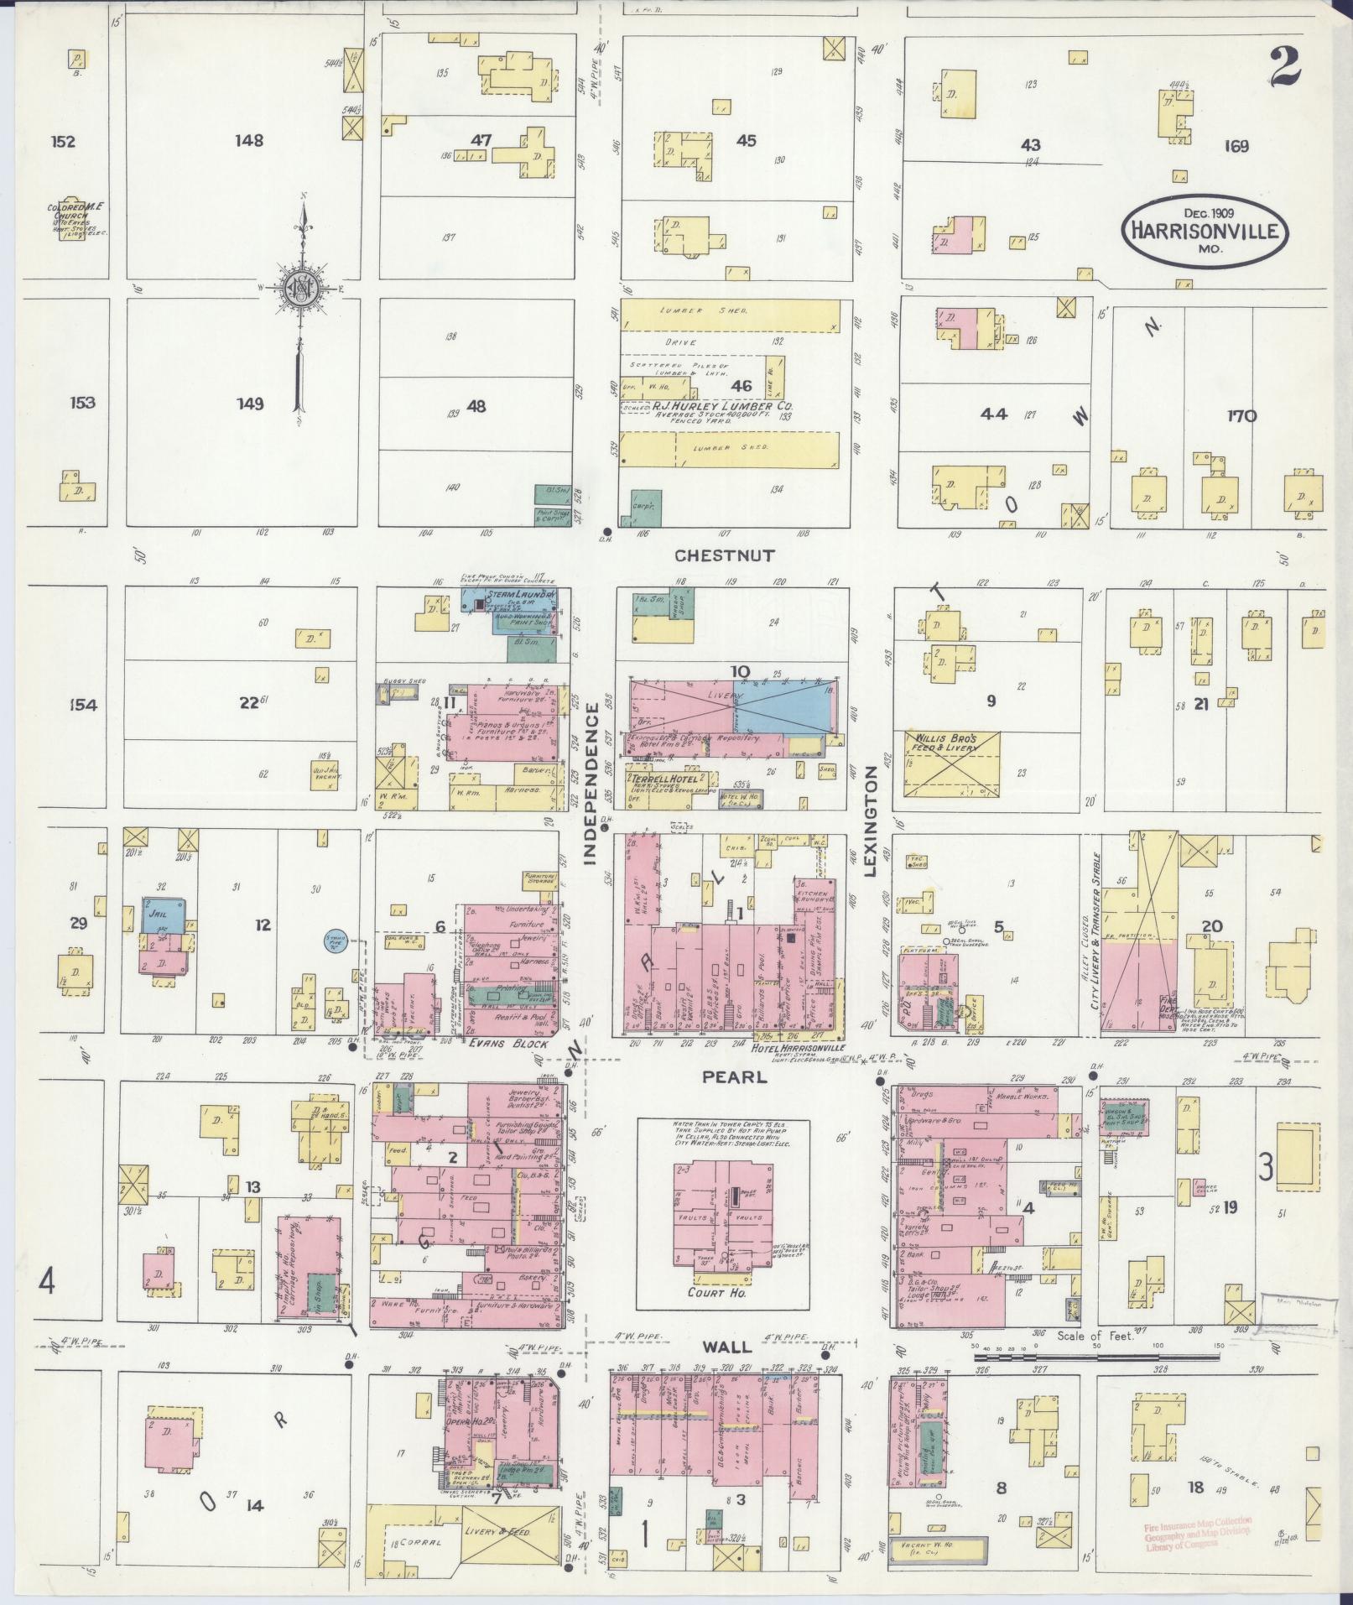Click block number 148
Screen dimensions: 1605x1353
pos(249,140)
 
